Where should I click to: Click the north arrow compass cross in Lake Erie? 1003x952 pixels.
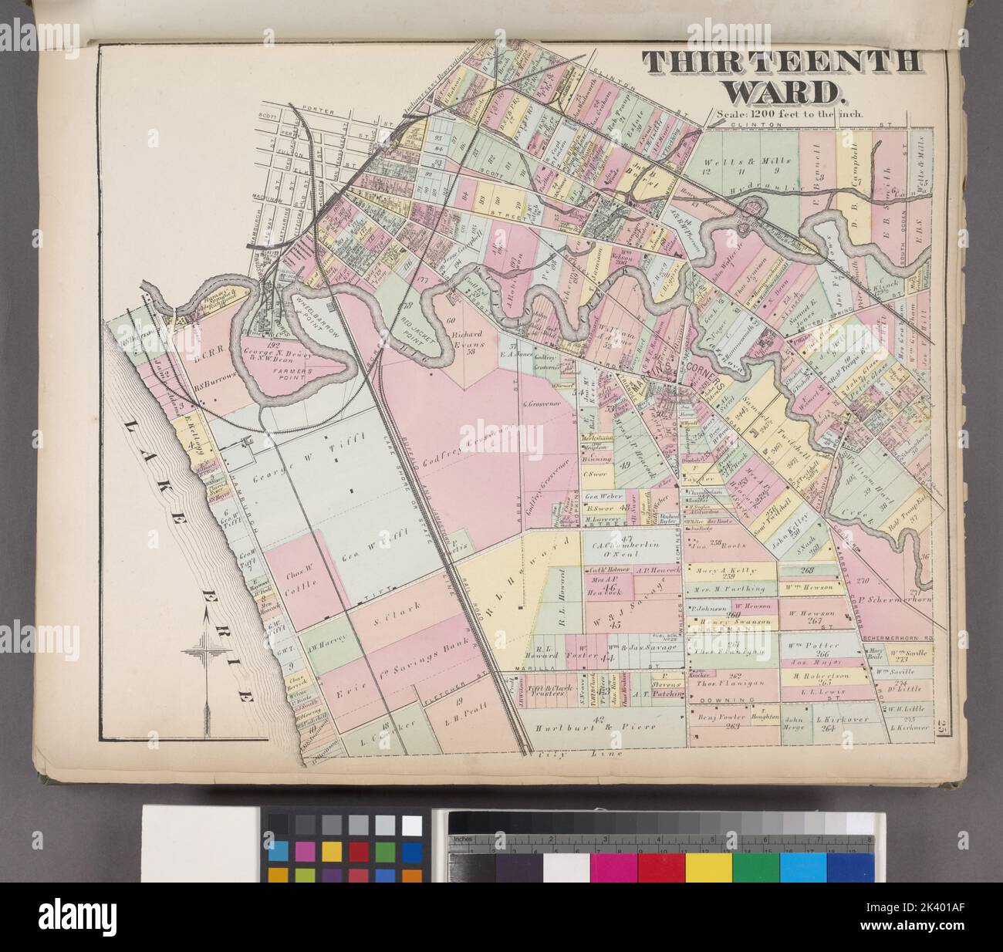click(x=206, y=642)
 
